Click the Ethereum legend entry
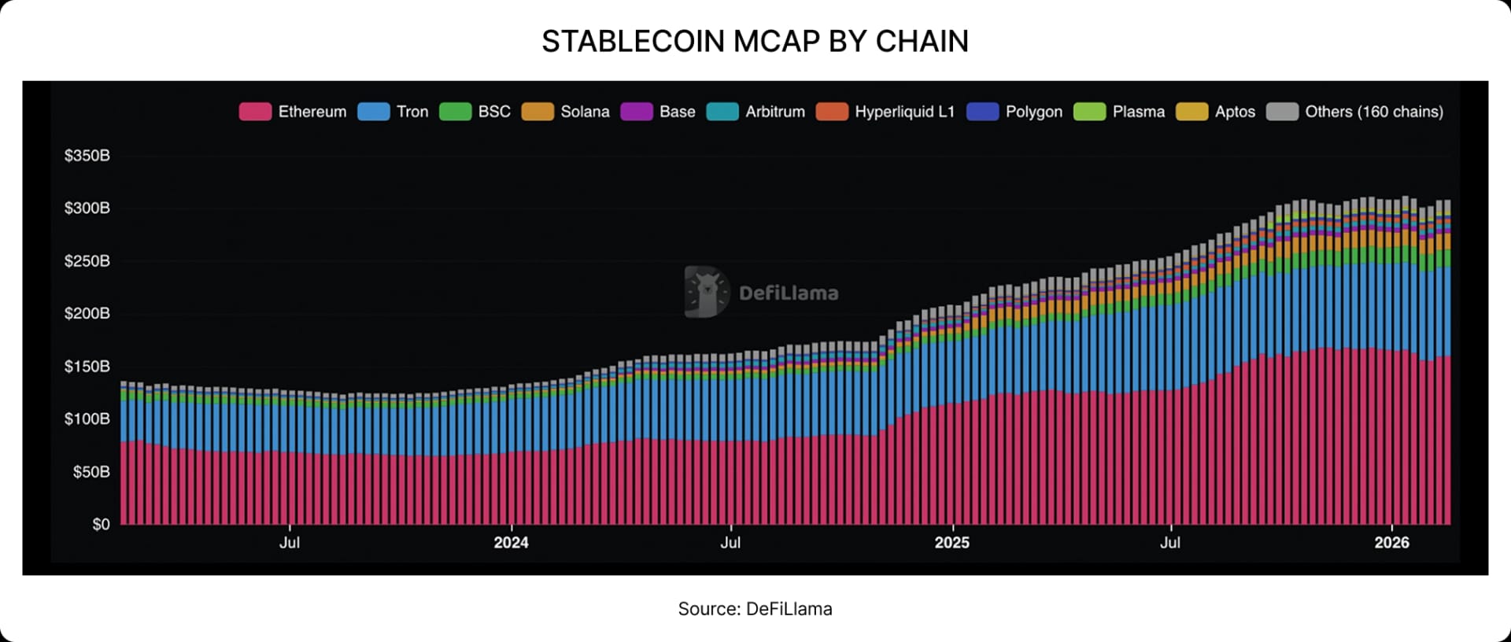(x=293, y=112)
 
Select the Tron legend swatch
(x=373, y=112)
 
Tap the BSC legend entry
(x=475, y=112)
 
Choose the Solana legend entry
(x=566, y=112)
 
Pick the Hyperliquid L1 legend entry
(x=885, y=112)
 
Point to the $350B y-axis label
(x=87, y=156)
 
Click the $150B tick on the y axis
(x=87, y=367)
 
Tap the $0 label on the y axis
(x=101, y=525)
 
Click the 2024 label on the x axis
(x=511, y=543)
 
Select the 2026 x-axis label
(x=1391, y=543)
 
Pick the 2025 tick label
(x=951, y=543)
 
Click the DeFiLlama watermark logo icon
(x=706, y=292)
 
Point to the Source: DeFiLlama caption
(x=755, y=609)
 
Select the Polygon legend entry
(x=1014, y=112)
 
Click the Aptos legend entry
(x=1216, y=112)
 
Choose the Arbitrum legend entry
(x=756, y=112)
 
